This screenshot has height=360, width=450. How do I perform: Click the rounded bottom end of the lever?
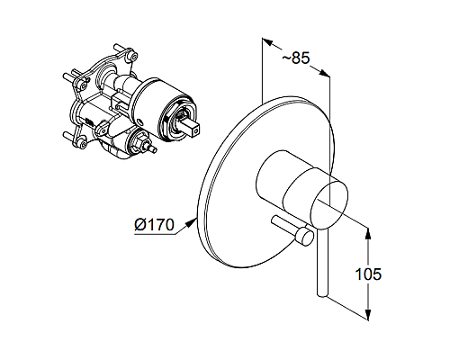point(321,292)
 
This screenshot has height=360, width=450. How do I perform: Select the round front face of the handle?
point(328,197)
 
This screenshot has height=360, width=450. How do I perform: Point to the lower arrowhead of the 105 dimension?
point(368,312)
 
